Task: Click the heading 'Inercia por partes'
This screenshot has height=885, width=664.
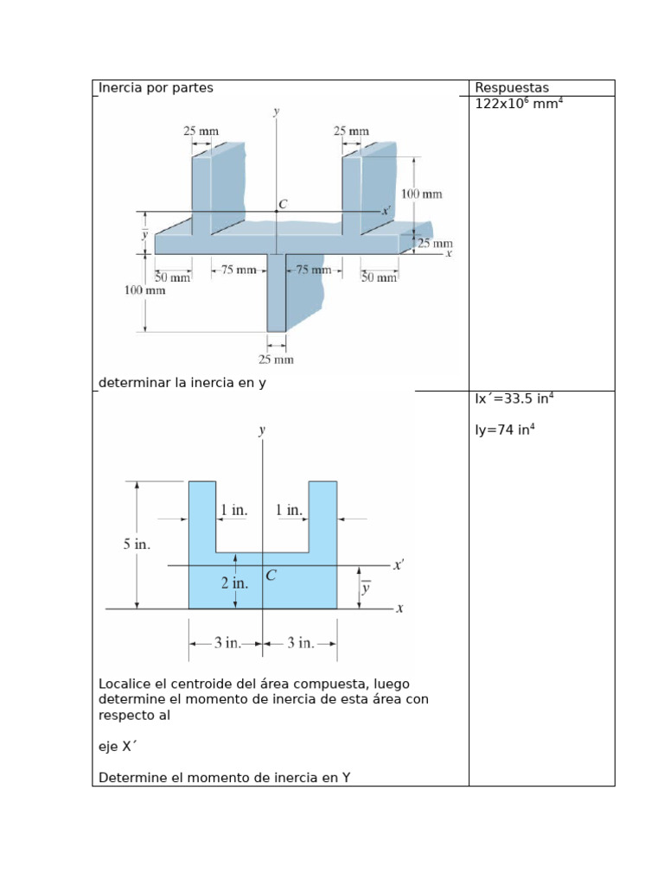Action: click(156, 87)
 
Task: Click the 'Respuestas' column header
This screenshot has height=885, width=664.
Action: click(512, 87)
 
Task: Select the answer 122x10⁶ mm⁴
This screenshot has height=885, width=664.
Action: click(519, 104)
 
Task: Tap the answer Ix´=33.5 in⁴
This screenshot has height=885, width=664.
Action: click(514, 398)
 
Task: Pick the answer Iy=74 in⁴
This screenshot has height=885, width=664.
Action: click(505, 430)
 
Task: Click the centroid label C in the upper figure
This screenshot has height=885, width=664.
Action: click(283, 204)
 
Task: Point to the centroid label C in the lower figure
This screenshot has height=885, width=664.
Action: click(271, 575)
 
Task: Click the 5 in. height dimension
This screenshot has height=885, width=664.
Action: click(137, 544)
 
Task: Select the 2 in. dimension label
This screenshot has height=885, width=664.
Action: click(234, 583)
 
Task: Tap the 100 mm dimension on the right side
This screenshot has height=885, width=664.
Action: click(421, 194)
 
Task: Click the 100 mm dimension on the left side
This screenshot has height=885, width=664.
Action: click(144, 290)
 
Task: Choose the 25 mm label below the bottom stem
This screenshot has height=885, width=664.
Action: click(276, 360)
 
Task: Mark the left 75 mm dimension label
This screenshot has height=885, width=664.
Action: click(239, 270)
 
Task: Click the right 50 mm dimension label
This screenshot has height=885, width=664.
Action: click(379, 277)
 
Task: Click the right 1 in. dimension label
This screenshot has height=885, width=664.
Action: click(289, 510)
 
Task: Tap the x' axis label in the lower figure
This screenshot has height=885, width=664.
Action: click(399, 564)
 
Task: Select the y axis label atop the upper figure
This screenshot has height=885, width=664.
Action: click(276, 111)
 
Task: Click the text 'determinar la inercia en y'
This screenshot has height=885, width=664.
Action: click(182, 383)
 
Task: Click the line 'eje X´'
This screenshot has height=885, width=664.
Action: click(118, 746)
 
